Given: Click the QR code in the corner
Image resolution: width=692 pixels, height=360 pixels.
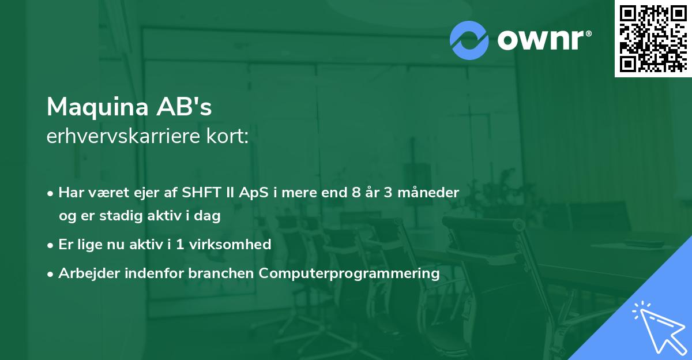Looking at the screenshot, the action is (653, 39).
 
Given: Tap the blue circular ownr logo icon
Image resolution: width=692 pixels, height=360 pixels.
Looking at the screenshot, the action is (469, 40).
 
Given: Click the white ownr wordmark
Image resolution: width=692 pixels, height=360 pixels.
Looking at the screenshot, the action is (541, 40).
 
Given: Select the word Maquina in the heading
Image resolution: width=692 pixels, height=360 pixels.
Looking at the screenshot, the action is (98, 107).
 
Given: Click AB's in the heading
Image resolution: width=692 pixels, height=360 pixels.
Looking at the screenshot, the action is (184, 107).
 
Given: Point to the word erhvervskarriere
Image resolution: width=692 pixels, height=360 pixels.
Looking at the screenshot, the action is (123, 136).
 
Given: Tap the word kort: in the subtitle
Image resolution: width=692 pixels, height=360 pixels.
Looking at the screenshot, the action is (227, 136).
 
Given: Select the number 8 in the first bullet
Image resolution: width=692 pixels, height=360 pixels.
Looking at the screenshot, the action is (356, 193).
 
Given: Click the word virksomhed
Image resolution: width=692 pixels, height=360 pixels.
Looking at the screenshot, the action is (230, 245).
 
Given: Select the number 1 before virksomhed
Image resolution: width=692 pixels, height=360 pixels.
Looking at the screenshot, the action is (180, 245).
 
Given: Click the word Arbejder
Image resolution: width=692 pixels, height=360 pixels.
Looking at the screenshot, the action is (89, 273).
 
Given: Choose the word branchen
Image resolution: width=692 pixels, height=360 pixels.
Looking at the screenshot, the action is (221, 273).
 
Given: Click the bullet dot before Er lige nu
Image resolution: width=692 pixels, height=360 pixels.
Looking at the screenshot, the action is (50, 246).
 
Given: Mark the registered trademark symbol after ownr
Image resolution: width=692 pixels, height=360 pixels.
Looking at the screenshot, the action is (588, 33).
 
